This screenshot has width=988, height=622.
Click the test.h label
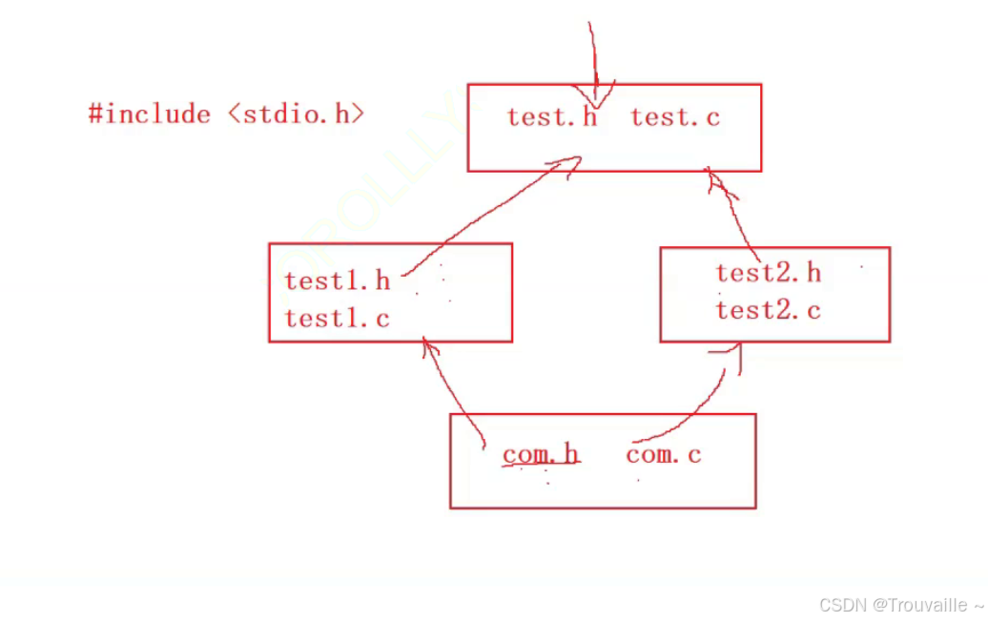tap(551, 117)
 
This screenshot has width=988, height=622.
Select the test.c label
tap(675, 117)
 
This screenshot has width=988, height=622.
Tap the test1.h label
tap(338, 280)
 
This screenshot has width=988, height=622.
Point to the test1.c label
tap(338, 318)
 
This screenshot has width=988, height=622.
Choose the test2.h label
tap(768, 273)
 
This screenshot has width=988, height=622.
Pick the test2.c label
tap(768, 310)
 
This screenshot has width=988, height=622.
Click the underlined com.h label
tap(540, 455)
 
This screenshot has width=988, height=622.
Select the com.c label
tap(664, 455)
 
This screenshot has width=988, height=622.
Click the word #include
tap(150, 114)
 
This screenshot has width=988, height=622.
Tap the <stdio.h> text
tap(297, 114)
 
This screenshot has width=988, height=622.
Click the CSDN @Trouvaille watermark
tap(900, 605)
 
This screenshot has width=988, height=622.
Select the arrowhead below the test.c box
tap(716, 181)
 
